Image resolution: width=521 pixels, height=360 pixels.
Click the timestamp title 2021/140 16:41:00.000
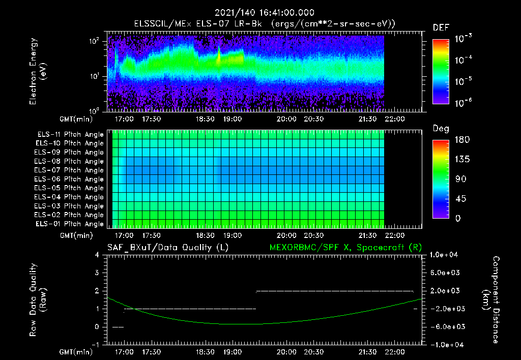point(264,13)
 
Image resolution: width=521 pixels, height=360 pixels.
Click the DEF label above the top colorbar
point(440,27)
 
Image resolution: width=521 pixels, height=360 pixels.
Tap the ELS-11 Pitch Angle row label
point(70,134)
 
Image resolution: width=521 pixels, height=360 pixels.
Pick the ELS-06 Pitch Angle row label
point(70,179)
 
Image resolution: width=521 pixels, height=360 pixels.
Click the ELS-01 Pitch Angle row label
point(70,224)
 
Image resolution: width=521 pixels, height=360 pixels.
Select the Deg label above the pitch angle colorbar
point(440,129)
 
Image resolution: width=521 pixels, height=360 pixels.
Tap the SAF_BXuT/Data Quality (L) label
point(167,247)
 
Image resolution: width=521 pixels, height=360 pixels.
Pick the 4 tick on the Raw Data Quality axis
point(97,255)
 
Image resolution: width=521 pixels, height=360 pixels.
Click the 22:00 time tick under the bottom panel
point(395,352)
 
